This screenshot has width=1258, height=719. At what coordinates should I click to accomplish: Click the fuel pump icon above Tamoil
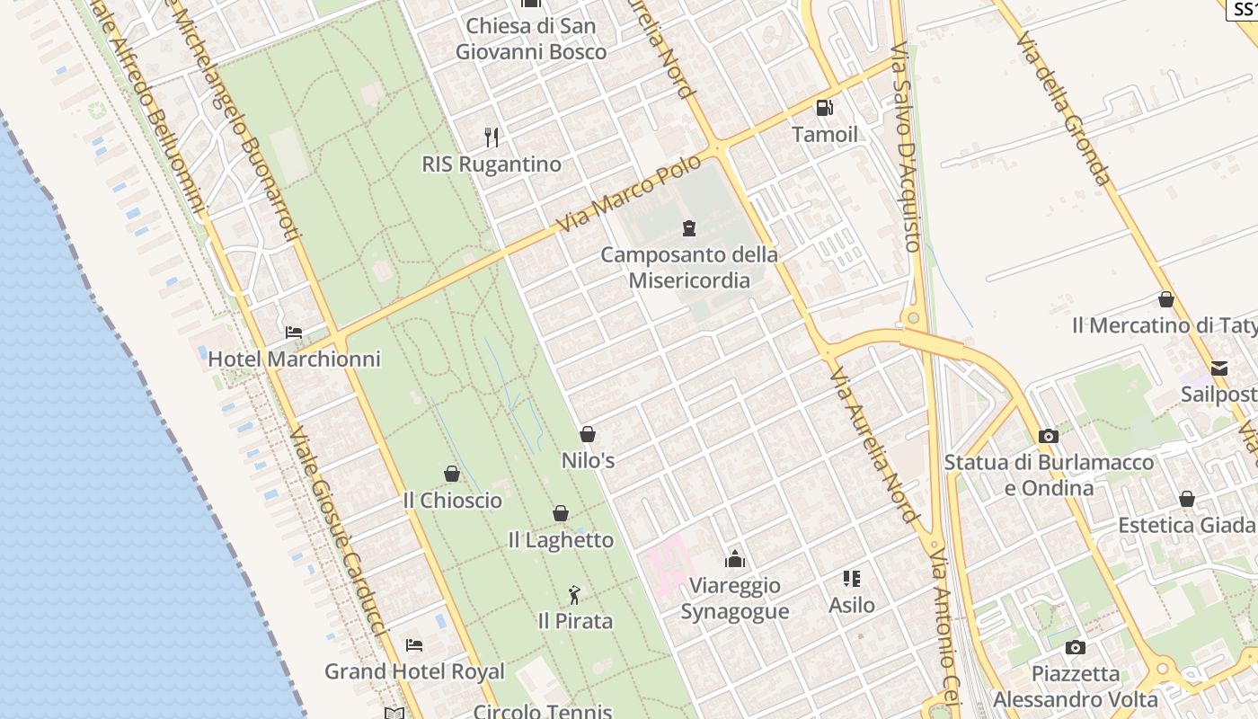824,108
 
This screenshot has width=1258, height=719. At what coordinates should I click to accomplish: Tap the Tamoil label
824,135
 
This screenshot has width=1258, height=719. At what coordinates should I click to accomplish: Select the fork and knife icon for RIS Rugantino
492,137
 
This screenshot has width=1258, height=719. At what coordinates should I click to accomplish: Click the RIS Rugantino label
492,164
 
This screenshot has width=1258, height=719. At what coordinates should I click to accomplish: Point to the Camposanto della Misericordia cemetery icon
689,227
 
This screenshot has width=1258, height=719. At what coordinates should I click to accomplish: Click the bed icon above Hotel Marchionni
294,332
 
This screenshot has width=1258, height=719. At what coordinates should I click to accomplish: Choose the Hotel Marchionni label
294,359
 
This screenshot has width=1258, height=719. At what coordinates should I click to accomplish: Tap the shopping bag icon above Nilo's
588,434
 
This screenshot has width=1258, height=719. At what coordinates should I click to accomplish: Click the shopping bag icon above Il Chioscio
452,474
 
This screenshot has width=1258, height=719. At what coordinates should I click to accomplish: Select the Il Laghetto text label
561,540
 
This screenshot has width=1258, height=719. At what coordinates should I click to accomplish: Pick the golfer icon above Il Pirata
575,594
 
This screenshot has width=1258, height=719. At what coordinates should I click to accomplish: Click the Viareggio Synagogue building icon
735,559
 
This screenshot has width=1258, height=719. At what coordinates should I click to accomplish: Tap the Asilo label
852,606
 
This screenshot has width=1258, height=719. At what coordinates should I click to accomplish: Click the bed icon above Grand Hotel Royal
414,644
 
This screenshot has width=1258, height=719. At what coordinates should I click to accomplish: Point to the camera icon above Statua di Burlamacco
1049,436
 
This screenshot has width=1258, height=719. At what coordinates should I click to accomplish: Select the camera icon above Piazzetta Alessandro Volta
1076,647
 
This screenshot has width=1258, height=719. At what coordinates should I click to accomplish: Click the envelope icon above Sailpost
1219,368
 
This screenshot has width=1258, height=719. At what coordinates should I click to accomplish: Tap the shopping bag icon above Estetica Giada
1187,499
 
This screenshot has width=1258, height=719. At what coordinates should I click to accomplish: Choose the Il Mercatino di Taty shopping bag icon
1166,299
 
